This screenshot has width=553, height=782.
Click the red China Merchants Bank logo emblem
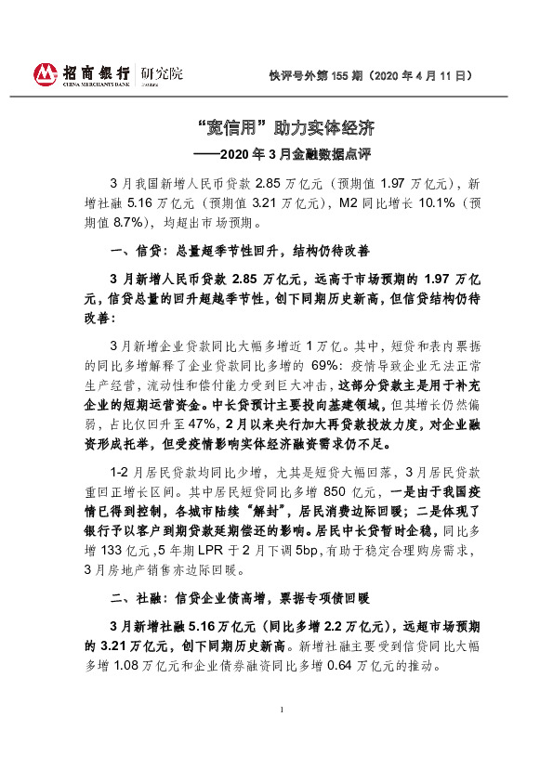(45, 73)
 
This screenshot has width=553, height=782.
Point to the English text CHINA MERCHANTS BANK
(96, 84)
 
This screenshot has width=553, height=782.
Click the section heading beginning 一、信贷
(240, 251)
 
